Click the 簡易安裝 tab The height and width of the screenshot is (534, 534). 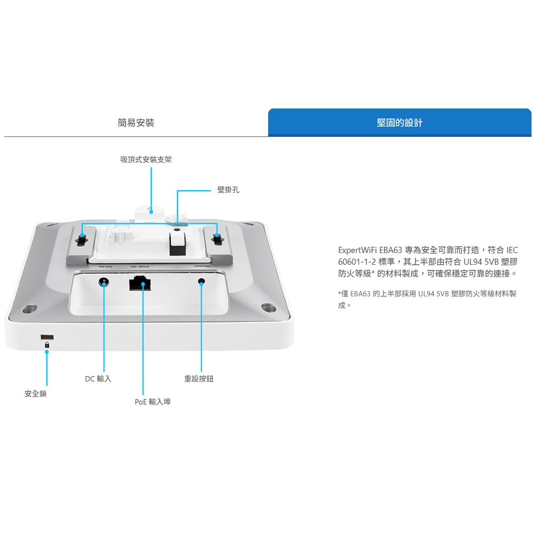(x=136, y=123)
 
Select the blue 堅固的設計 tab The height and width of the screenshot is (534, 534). (x=399, y=123)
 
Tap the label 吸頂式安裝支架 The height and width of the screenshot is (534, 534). (x=146, y=160)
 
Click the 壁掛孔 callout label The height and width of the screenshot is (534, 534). (x=229, y=190)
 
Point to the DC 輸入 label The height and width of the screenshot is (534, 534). (x=98, y=379)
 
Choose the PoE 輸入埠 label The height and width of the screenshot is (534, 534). (x=152, y=402)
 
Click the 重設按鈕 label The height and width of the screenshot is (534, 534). (x=199, y=379)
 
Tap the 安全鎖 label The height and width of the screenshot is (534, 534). (x=35, y=394)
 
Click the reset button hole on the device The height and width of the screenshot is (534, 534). (x=201, y=282)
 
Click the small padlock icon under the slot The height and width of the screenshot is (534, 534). (x=47, y=345)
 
